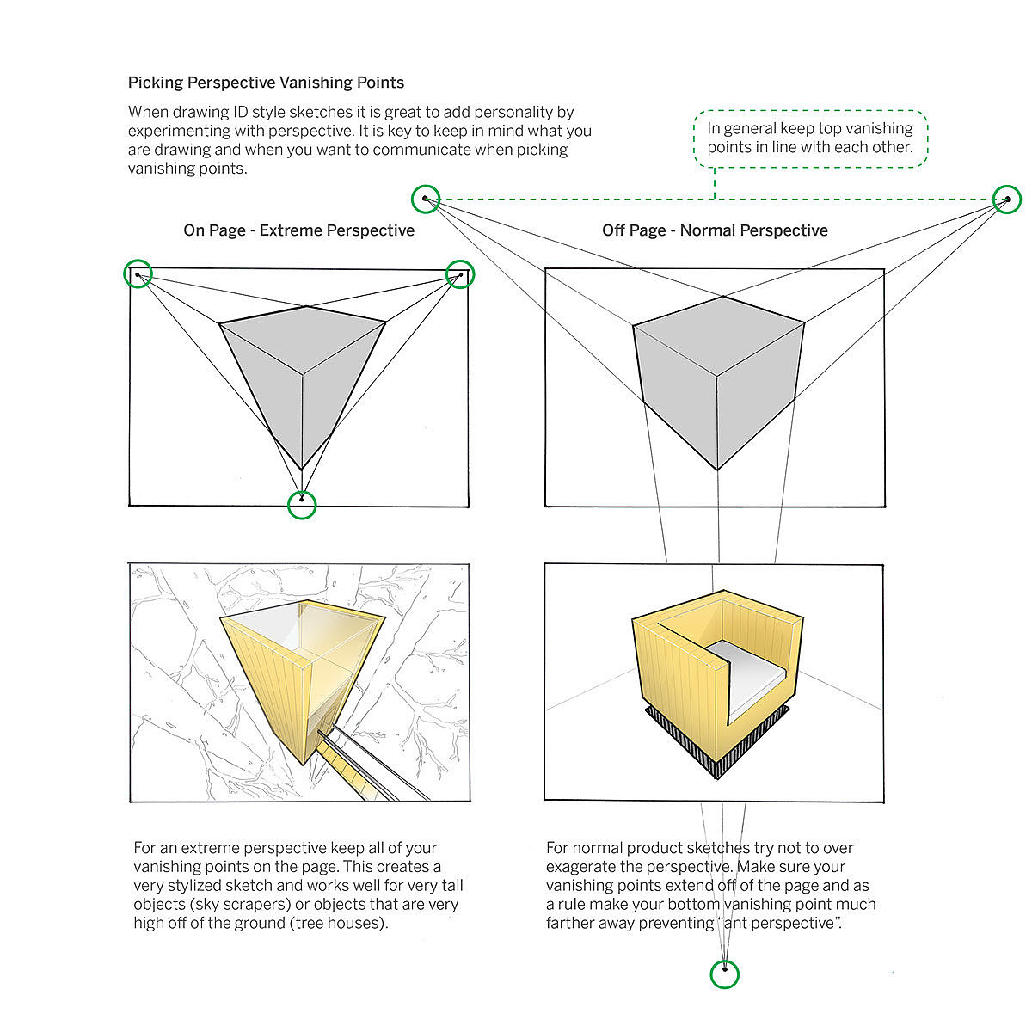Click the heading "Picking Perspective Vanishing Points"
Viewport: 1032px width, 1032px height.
(x=266, y=83)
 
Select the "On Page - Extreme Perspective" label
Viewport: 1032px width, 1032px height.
(x=298, y=230)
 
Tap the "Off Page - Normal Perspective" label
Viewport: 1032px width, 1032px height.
(x=715, y=230)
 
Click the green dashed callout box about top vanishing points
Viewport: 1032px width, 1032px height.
(x=810, y=138)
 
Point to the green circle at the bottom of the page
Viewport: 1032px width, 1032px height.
(x=725, y=974)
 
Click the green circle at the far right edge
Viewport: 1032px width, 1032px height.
(x=1007, y=200)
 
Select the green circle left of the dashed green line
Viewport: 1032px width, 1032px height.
(x=425, y=200)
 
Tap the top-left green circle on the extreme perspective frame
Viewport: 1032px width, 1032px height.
(x=138, y=274)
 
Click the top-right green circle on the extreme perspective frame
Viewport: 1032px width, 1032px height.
(x=461, y=274)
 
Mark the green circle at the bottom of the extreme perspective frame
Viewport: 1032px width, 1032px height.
(x=301, y=504)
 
